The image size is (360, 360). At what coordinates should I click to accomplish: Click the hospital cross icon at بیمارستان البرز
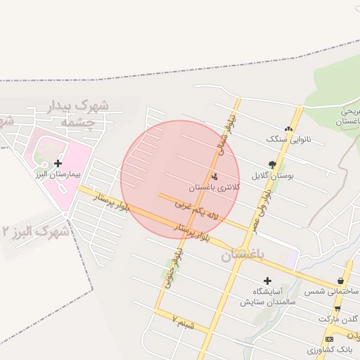58,163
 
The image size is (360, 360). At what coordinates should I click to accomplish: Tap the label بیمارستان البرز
58,173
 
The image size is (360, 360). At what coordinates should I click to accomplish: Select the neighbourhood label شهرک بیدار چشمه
82,114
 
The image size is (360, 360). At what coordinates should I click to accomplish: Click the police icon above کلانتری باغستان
214,176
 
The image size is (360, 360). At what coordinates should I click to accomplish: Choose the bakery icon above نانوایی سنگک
288,128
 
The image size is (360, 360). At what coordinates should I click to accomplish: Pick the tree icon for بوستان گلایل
272,165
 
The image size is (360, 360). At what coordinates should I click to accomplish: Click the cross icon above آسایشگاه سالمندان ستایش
267,281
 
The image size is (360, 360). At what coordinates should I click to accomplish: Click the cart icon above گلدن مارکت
338,309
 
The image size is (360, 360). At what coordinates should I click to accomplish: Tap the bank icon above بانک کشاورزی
329,338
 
